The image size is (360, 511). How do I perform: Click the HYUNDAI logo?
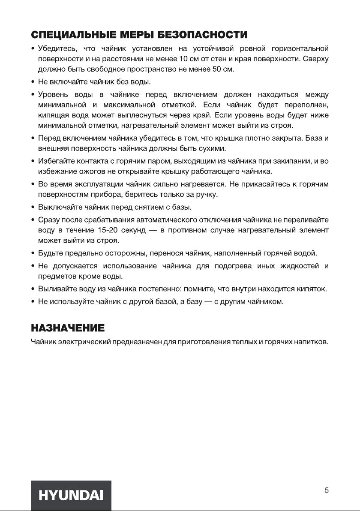click(x=71, y=496)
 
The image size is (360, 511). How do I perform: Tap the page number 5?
click(x=327, y=491)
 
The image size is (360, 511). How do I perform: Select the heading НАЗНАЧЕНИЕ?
click(x=68, y=328)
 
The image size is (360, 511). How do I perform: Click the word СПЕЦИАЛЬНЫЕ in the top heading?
click(x=75, y=34)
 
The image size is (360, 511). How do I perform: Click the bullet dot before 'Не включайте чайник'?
click(x=33, y=81)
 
